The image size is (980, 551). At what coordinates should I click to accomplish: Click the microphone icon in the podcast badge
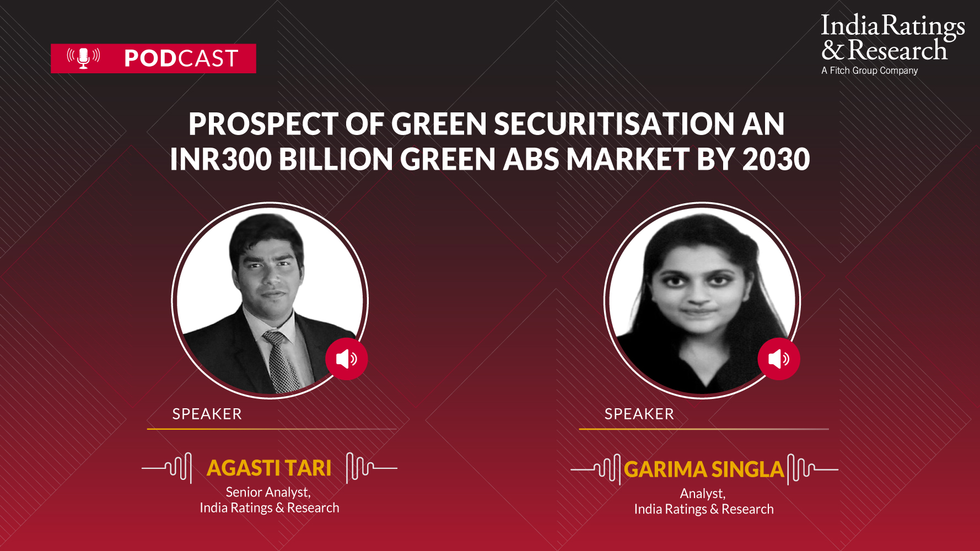[83, 58]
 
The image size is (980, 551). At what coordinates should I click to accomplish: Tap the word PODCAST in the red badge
[181, 58]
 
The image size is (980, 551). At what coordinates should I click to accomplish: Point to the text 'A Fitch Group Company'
[870, 71]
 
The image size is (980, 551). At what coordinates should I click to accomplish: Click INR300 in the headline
[220, 159]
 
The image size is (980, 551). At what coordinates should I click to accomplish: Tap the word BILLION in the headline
[336, 159]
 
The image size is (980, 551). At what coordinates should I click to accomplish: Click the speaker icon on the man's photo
[346, 359]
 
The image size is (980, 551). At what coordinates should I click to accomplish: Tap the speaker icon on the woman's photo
[778, 359]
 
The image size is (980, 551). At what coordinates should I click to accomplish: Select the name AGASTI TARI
[269, 468]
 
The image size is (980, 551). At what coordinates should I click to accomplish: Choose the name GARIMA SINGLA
[704, 469]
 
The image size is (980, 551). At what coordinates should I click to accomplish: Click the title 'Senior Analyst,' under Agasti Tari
[268, 492]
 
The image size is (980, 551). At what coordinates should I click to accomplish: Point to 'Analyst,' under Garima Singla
[703, 493]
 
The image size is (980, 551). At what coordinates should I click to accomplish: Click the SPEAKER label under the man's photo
[207, 414]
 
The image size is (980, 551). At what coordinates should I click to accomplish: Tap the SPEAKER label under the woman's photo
[639, 414]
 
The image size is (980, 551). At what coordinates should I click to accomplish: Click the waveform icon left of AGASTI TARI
[167, 468]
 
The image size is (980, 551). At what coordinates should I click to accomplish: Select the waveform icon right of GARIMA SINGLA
[812, 469]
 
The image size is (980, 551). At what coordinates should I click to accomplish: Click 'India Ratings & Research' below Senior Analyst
[270, 507]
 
